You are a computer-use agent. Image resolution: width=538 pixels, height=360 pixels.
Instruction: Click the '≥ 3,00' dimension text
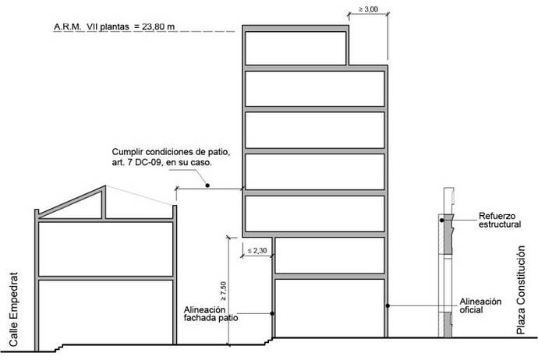[x=369, y=9]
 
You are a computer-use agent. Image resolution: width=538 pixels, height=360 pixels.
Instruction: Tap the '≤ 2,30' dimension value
[x=257, y=251]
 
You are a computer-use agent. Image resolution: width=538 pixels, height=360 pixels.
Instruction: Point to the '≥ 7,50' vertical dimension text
[x=223, y=291]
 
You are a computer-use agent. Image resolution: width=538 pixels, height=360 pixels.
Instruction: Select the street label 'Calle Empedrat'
[x=13, y=309]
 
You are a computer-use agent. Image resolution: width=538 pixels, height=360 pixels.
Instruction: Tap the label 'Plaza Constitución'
[x=521, y=290]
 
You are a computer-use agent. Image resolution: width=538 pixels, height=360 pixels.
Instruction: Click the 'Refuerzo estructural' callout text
[x=500, y=220]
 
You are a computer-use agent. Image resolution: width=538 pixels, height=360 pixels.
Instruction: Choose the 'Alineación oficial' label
[x=480, y=305]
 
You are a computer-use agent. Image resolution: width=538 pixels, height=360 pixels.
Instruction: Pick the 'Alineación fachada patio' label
[x=211, y=313]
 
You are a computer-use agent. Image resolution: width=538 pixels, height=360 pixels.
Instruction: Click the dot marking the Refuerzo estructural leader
[x=442, y=220]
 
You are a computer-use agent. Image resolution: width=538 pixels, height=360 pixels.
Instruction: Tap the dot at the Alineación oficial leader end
[x=388, y=305]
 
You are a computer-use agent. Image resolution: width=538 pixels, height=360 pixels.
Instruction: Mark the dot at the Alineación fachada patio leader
[x=272, y=313]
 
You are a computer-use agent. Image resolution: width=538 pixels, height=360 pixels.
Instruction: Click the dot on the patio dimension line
[x=207, y=185]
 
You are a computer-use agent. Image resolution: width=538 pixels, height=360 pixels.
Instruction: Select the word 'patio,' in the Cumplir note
[x=219, y=151]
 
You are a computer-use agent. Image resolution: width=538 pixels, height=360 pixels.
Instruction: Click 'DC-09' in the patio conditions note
[x=148, y=163]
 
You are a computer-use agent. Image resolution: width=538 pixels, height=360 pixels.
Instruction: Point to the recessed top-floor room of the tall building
[x=296, y=48]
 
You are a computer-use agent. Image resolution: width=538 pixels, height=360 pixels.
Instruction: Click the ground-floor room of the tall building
[x=329, y=308]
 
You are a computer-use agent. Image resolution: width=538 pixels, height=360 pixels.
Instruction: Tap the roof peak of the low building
[x=105, y=186]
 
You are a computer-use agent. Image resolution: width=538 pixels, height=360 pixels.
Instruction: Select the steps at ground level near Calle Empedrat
[x=59, y=348]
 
